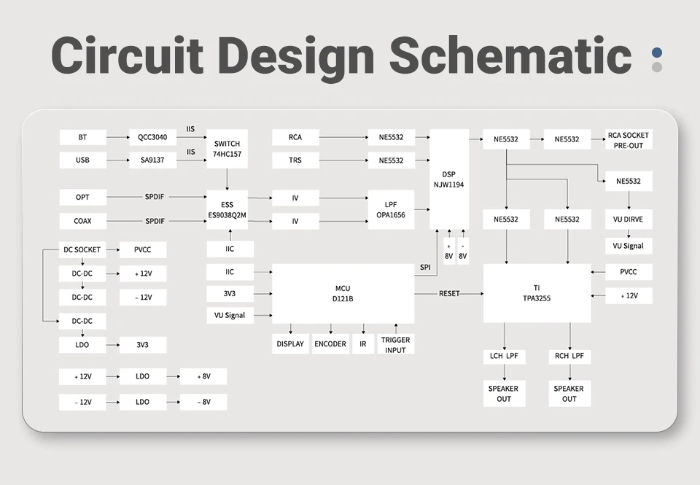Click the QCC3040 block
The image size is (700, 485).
tap(152, 137)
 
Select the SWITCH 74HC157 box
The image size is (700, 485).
tap(227, 149)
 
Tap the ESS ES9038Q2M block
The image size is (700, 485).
tap(227, 209)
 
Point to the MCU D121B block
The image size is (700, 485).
tap(343, 293)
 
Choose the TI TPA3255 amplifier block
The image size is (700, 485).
tap(537, 293)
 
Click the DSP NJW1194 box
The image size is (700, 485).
tap(448, 179)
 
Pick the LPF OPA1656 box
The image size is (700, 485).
tap(391, 209)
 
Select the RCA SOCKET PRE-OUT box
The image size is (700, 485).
tap(628, 140)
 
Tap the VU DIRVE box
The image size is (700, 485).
tap(628, 219)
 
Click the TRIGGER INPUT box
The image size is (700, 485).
tap(395, 345)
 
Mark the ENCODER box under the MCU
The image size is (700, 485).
tap(330, 344)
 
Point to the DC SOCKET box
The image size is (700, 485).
tap(82, 250)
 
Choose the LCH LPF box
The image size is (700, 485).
tap(504, 357)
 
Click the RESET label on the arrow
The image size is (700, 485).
tap(449, 293)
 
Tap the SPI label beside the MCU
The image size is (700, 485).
tap(425, 268)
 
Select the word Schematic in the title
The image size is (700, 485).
tap(510, 55)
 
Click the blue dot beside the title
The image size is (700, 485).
tap(657, 53)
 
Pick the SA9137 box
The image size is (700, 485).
tap(152, 160)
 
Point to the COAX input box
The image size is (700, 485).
tap(82, 221)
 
